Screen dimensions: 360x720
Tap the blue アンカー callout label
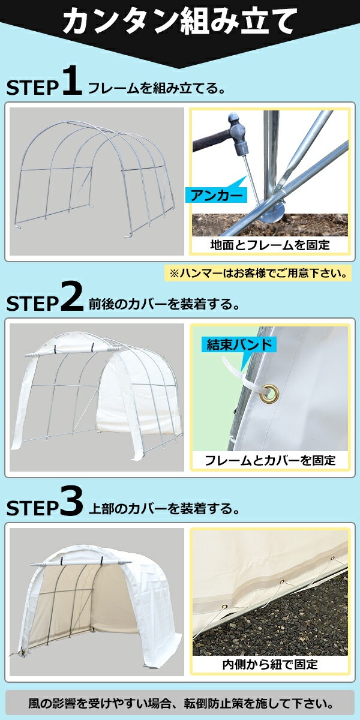pyautogui.click(x=216, y=195)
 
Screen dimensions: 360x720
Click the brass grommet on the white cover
pyautogui.click(x=270, y=392)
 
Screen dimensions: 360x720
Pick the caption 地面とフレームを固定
pyautogui.click(x=270, y=245)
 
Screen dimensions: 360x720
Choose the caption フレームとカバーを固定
pyautogui.click(x=270, y=461)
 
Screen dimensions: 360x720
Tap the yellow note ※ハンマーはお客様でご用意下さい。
pyautogui.click(x=258, y=273)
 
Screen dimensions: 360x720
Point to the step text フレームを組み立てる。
pyautogui.click(x=156, y=88)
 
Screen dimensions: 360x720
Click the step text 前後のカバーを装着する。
pyautogui.click(x=164, y=304)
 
